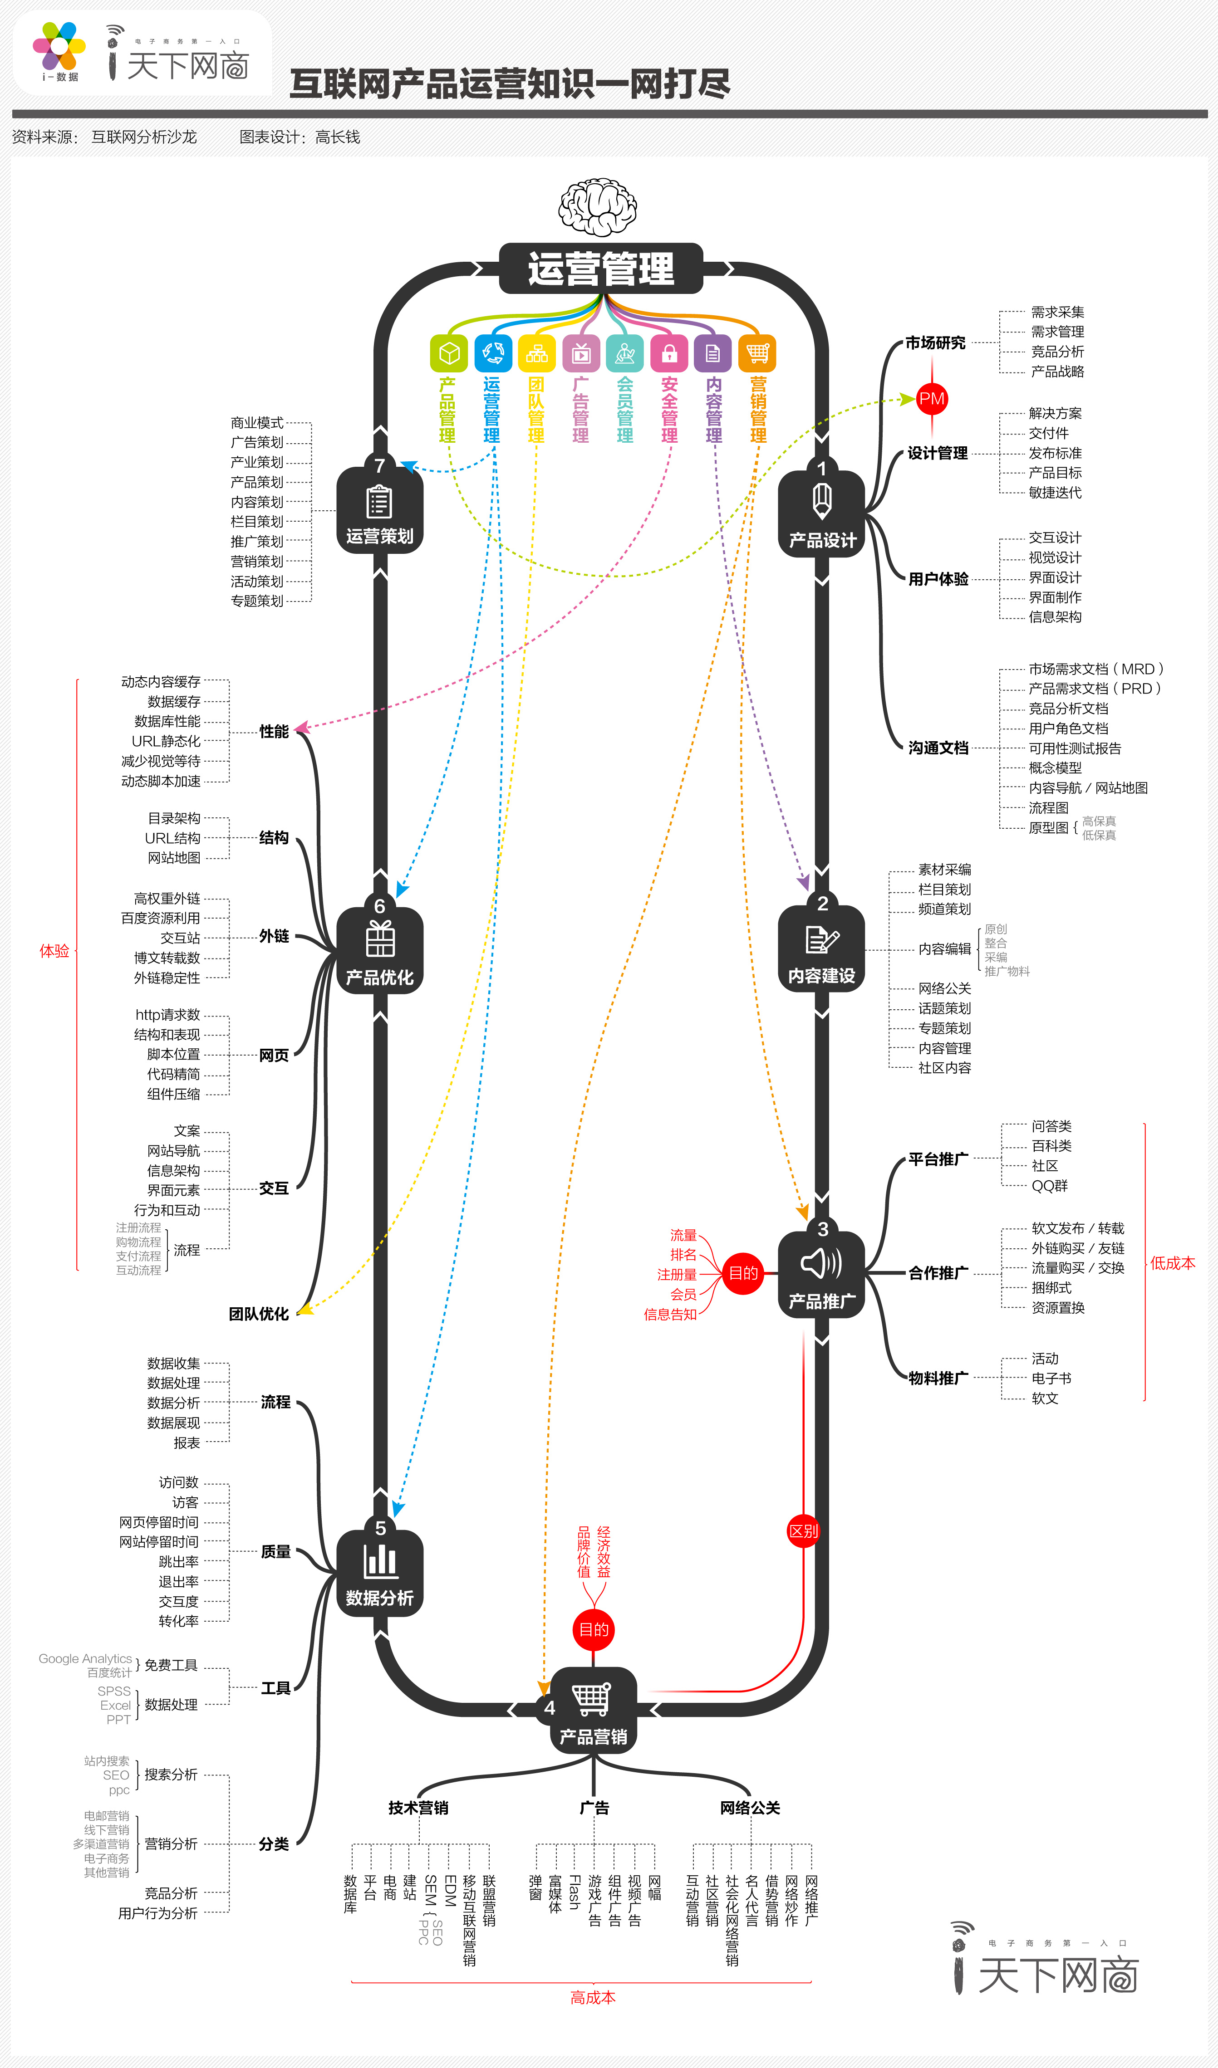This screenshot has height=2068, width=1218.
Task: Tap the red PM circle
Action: [x=932, y=400]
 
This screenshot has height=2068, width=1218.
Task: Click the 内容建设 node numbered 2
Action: [x=821, y=948]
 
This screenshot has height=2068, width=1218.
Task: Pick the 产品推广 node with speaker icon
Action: [x=821, y=1274]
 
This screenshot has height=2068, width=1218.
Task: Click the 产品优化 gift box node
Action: [x=380, y=950]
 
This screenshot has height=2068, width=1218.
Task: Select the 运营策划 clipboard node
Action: [x=380, y=509]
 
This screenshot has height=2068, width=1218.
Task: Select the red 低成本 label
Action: [x=1172, y=1263]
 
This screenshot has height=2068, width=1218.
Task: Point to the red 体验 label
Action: [x=54, y=951]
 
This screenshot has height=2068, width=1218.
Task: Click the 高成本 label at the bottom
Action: [x=593, y=1997]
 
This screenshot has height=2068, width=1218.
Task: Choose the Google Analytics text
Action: [x=85, y=1658]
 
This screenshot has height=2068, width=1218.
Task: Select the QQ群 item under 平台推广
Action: [x=1050, y=1186]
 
